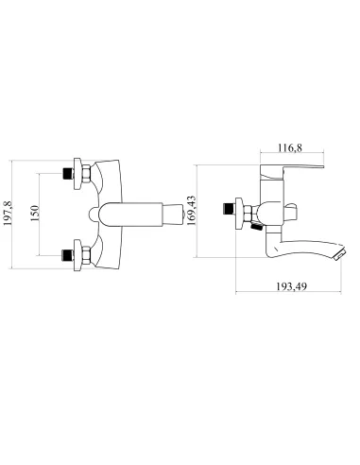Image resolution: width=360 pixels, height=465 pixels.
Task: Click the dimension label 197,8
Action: [x=8, y=214]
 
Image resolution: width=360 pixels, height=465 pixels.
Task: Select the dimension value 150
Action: [x=35, y=213]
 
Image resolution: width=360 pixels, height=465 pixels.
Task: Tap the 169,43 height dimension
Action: [x=191, y=211]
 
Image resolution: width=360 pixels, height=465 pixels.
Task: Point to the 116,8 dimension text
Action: [x=290, y=147]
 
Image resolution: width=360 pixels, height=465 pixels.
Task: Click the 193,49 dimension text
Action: [x=291, y=286]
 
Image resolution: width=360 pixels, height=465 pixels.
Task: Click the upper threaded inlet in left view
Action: [x=67, y=173]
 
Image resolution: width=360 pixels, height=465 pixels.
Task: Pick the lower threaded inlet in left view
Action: [x=67, y=255]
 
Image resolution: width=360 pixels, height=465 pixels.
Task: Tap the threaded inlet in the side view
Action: [x=228, y=208]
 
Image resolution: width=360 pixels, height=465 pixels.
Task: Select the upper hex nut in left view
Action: [x=86, y=173]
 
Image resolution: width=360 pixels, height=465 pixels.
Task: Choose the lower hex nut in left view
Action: [x=86, y=255]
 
